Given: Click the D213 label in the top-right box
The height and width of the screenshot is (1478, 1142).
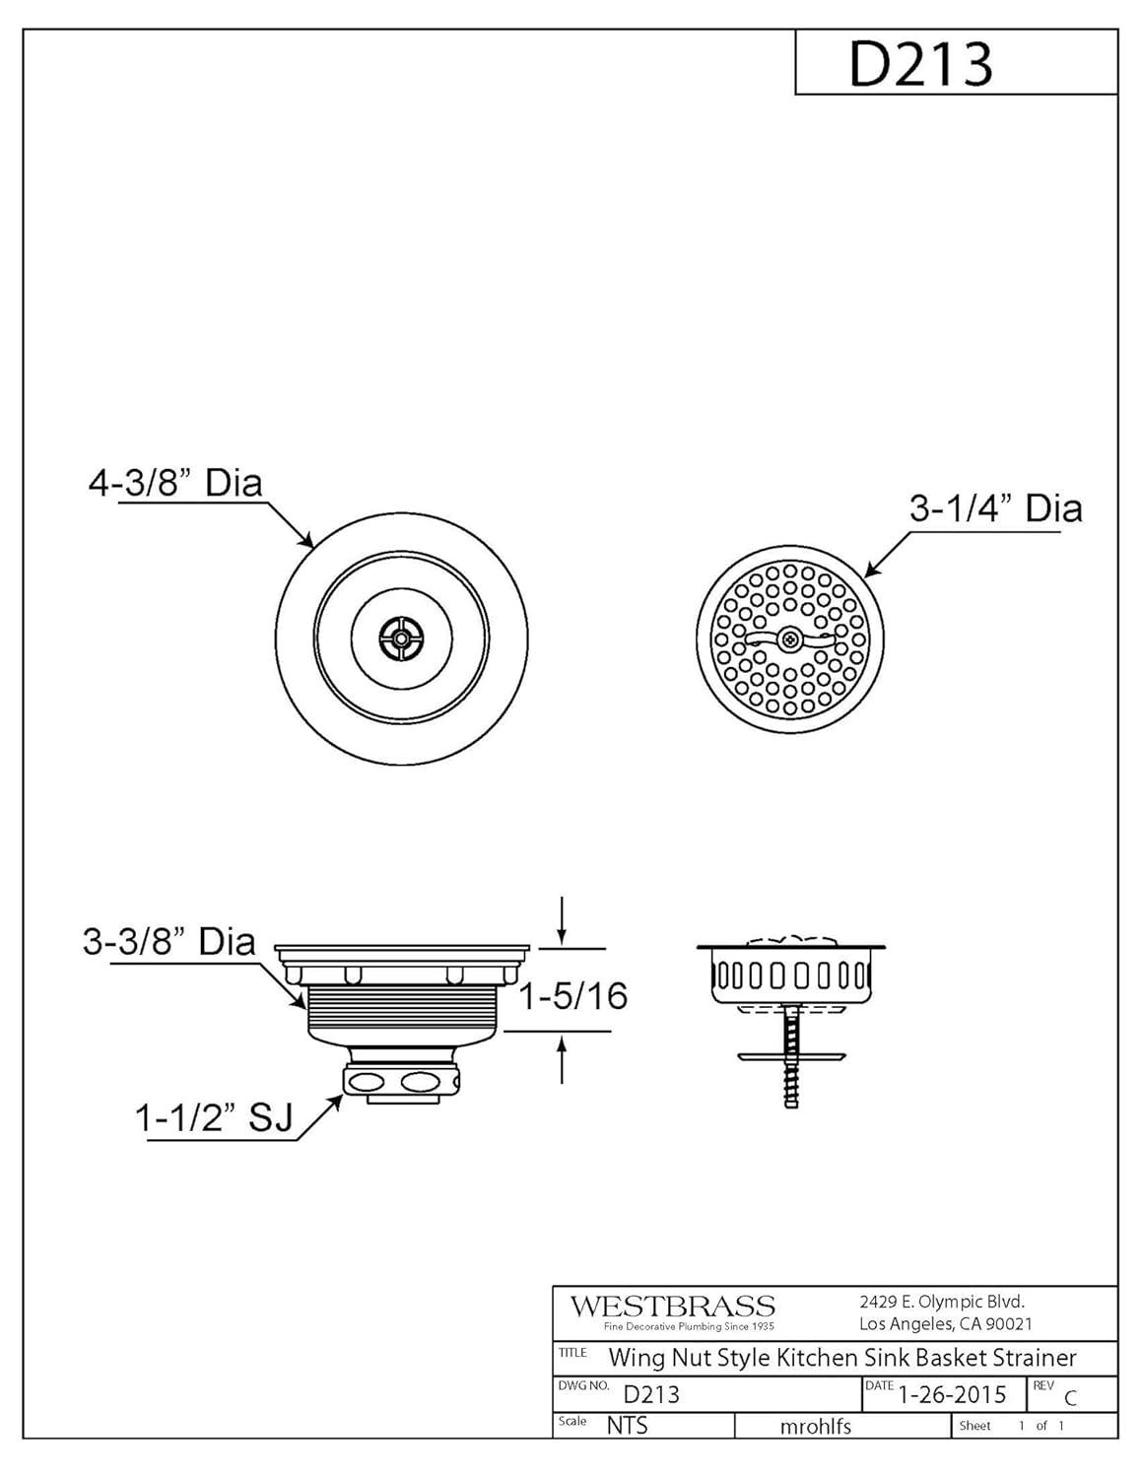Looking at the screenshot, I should coord(920,64).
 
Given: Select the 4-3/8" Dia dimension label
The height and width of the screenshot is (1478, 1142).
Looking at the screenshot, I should coord(175,484).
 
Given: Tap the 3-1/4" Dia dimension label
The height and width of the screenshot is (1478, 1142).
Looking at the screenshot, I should coord(995,508).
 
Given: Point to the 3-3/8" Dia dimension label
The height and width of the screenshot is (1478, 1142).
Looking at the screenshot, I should coord(168,942).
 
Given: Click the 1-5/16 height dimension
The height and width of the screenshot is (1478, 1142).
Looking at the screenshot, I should coord(572,996).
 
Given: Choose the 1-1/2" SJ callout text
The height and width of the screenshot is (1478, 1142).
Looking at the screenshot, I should coord(214,1120).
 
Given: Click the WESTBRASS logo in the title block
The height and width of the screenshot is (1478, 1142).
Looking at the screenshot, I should coord(673,1307).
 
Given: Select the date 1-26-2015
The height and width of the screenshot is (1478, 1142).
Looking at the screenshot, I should coord(952,1393).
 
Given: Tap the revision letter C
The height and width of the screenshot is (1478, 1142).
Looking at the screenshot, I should coord(1070,1398).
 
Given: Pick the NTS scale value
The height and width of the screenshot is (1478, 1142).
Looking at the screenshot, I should coord(627,1425).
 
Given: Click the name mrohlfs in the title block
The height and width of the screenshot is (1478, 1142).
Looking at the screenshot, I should coord(815,1426).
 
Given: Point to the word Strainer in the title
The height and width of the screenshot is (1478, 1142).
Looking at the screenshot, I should coord(1034,1358).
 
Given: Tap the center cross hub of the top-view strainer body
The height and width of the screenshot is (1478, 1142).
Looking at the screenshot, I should coord(401,637).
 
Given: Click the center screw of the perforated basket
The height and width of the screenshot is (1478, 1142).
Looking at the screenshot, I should coord(790,638).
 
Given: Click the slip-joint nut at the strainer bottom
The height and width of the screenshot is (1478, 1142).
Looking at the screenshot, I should coord(402,1081).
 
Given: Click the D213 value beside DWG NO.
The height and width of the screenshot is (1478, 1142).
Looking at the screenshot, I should coord(651,1394).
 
